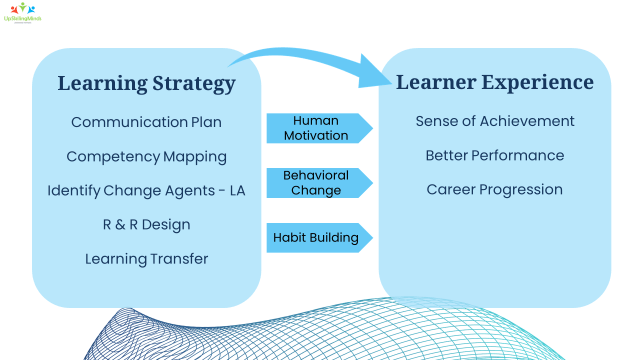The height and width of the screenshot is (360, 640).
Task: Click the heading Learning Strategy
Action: tap(147, 83)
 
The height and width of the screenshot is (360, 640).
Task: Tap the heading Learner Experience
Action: tap(495, 82)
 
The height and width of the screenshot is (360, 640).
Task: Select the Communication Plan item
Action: tap(147, 122)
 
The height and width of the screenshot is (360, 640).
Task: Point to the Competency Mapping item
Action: tap(147, 156)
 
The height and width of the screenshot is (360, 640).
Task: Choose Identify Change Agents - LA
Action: tap(147, 190)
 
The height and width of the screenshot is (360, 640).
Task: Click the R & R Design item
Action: tap(147, 224)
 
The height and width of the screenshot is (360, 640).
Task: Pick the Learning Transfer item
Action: tap(147, 258)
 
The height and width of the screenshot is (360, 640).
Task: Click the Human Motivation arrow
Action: tap(317, 128)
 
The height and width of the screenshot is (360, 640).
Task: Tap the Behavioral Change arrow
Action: tap(317, 182)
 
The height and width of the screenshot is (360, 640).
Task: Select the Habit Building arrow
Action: tap(317, 237)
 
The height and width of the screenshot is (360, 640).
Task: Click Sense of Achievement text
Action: tap(495, 121)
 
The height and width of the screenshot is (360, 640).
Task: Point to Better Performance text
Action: tap(495, 155)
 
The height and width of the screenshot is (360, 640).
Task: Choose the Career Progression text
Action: tap(495, 189)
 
